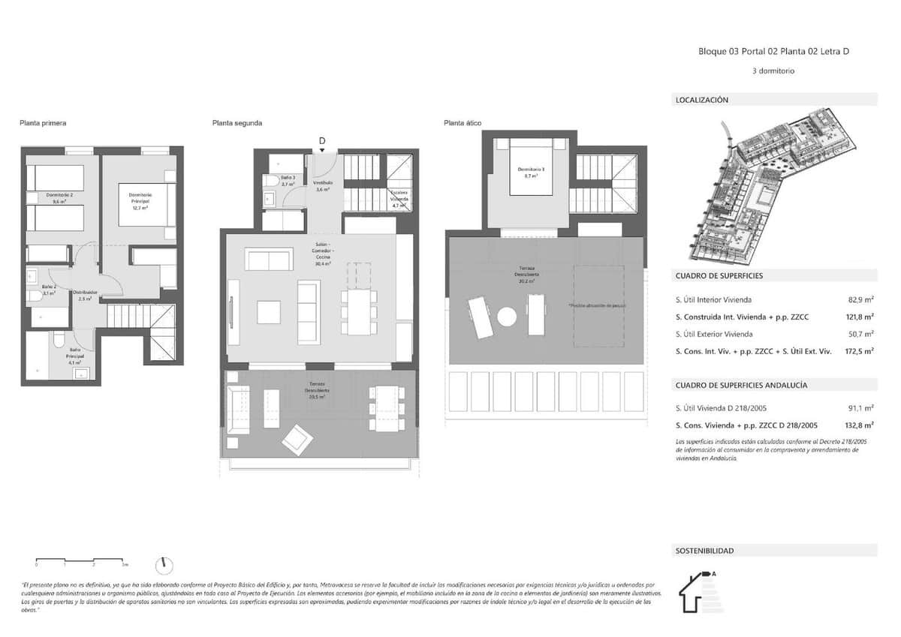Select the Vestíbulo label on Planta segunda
coord(322,186)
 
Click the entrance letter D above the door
coord(322,141)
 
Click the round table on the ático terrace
coord(507,317)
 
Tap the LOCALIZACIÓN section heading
coord(702,100)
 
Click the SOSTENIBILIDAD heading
coord(704,551)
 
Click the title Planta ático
coord(462,122)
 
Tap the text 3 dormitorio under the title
coord(773,71)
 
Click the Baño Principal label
coord(76,352)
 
